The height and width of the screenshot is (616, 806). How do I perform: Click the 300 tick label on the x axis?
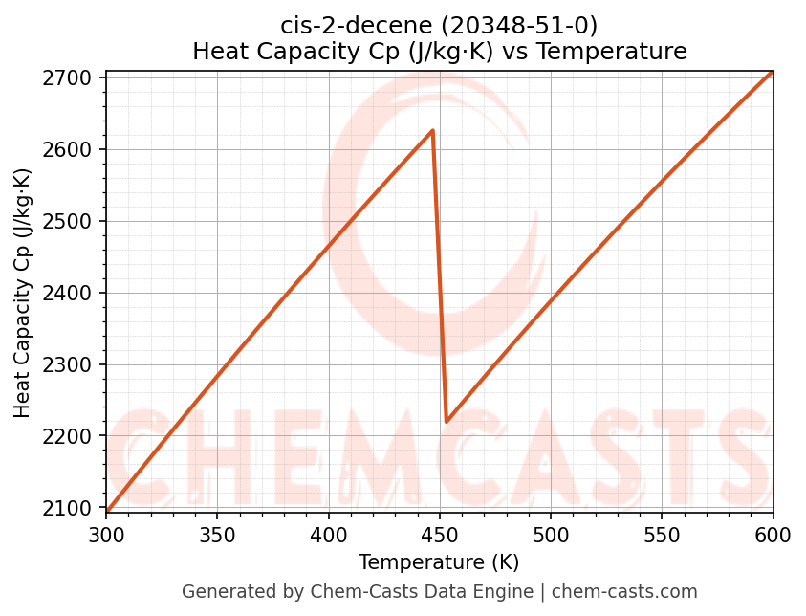coord(106,534)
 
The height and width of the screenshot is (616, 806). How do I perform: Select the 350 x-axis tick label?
coord(217,534)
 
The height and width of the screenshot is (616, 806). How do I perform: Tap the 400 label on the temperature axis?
coord(329,534)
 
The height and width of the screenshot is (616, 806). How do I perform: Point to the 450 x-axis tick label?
coord(440,534)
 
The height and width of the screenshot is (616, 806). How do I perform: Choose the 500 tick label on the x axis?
coord(551,534)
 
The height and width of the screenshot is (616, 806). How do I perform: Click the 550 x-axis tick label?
coord(662,534)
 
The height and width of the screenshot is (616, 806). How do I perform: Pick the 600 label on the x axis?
coord(773,534)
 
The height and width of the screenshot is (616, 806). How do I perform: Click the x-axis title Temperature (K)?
coord(439,562)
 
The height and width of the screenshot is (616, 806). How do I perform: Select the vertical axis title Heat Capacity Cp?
coord(23,293)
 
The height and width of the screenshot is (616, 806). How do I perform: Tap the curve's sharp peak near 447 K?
coord(433,130)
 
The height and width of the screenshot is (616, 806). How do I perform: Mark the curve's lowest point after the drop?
coord(447,421)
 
